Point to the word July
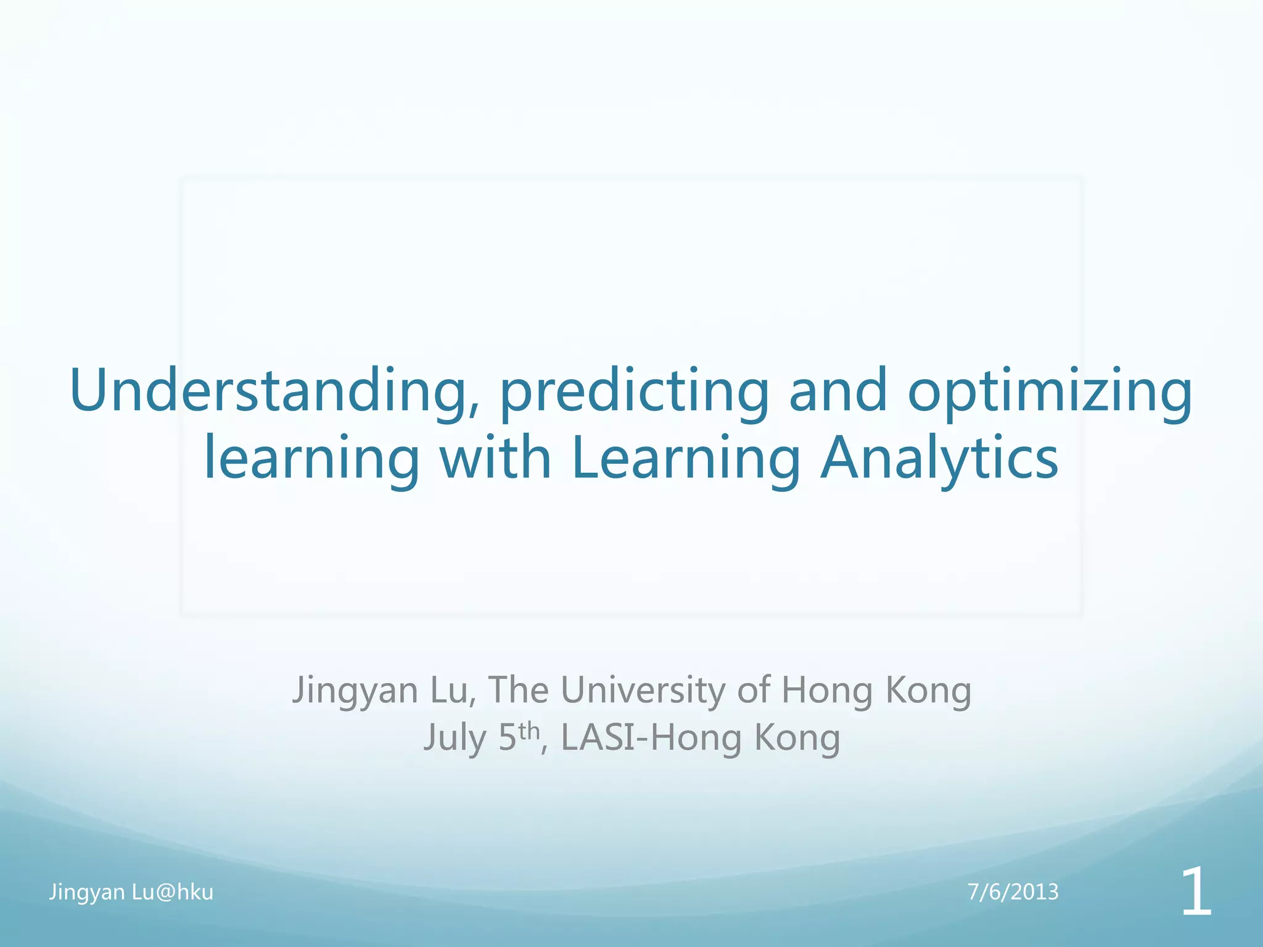pyautogui.click(x=455, y=739)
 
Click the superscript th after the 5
pyautogui.click(x=529, y=731)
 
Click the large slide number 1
pyautogui.click(x=1195, y=893)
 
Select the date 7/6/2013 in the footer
pyautogui.click(x=1013, y=892)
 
